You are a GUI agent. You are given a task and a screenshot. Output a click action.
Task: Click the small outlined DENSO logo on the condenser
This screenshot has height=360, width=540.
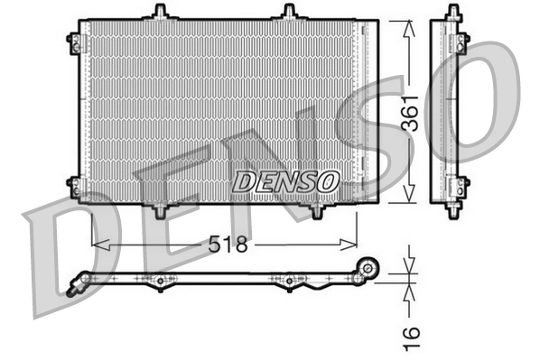285,181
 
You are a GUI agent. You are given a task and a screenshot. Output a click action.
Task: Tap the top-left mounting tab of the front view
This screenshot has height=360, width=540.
161,12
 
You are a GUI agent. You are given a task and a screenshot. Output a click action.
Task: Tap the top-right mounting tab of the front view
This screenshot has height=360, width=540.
289,12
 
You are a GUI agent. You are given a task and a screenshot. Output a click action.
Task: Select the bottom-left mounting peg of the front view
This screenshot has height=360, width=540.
161,210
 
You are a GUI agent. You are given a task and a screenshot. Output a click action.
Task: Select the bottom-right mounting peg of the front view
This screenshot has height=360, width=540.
316,210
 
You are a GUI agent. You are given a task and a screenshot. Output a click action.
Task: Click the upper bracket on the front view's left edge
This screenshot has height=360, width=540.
73,42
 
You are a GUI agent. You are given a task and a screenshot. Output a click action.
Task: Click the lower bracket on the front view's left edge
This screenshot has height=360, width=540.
73,186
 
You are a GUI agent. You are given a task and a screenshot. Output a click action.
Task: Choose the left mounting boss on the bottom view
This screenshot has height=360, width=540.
160,282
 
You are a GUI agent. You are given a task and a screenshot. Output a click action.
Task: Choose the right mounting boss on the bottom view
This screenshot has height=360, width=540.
289,282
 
